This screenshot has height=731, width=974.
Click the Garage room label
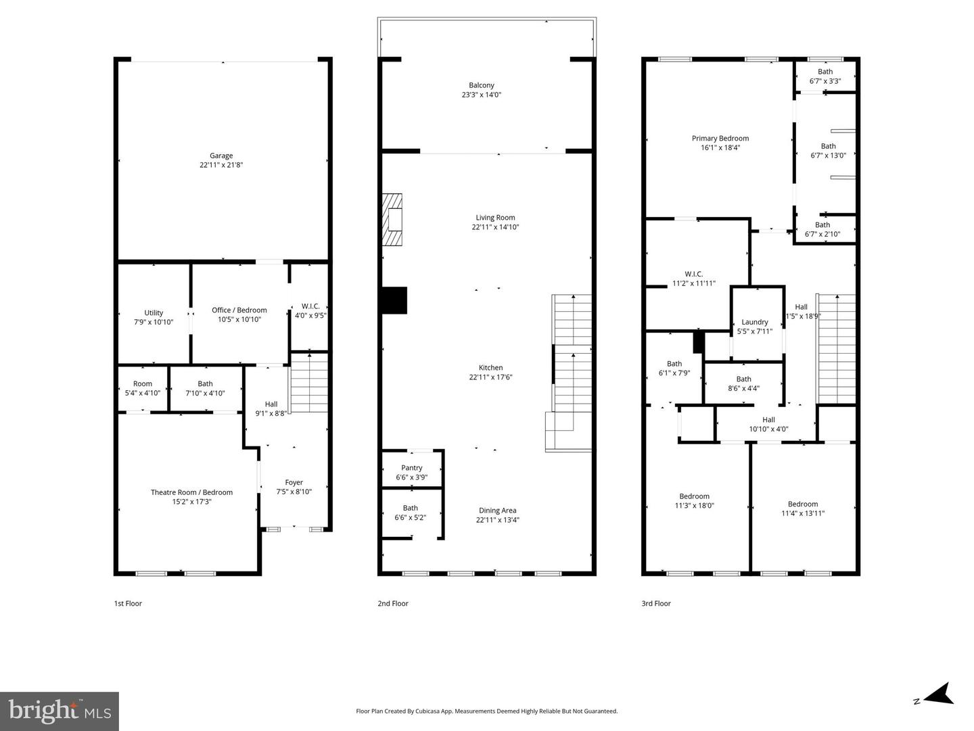point(221,156)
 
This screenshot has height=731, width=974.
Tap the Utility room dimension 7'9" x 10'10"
point(154,323)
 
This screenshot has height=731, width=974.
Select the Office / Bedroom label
point(239,310)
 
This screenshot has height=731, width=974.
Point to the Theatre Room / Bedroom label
point(191,492)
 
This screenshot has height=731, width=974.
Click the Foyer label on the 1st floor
point(294,483)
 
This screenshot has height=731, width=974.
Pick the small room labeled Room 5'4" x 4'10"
point(143,388)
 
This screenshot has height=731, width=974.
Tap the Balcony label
point(482,85)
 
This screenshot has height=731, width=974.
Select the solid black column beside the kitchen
point(394,300)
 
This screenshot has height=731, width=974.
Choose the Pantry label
point(412,468)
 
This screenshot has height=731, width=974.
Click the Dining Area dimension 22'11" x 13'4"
point(498,520)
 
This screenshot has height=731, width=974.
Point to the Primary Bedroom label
point(720,139)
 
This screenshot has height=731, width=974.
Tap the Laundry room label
point(755,323)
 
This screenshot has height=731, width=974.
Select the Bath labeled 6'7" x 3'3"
point(825,76)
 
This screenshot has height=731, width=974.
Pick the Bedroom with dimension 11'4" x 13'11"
point(803,509)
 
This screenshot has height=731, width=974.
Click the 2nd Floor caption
point(393,603)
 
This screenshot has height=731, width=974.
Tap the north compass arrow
point(940,694)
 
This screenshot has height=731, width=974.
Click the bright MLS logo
point(60,711)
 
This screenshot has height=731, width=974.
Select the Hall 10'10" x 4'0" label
point(769,424)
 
